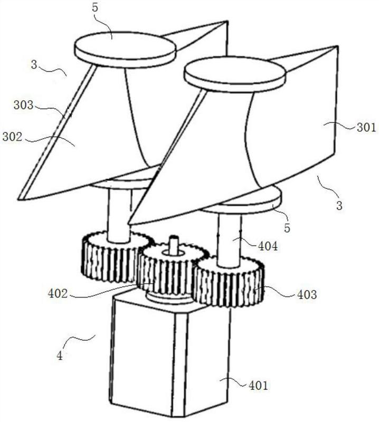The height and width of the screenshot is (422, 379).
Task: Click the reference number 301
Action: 365,127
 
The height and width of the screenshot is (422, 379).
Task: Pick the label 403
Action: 306,294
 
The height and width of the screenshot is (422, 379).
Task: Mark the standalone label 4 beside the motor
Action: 60,356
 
